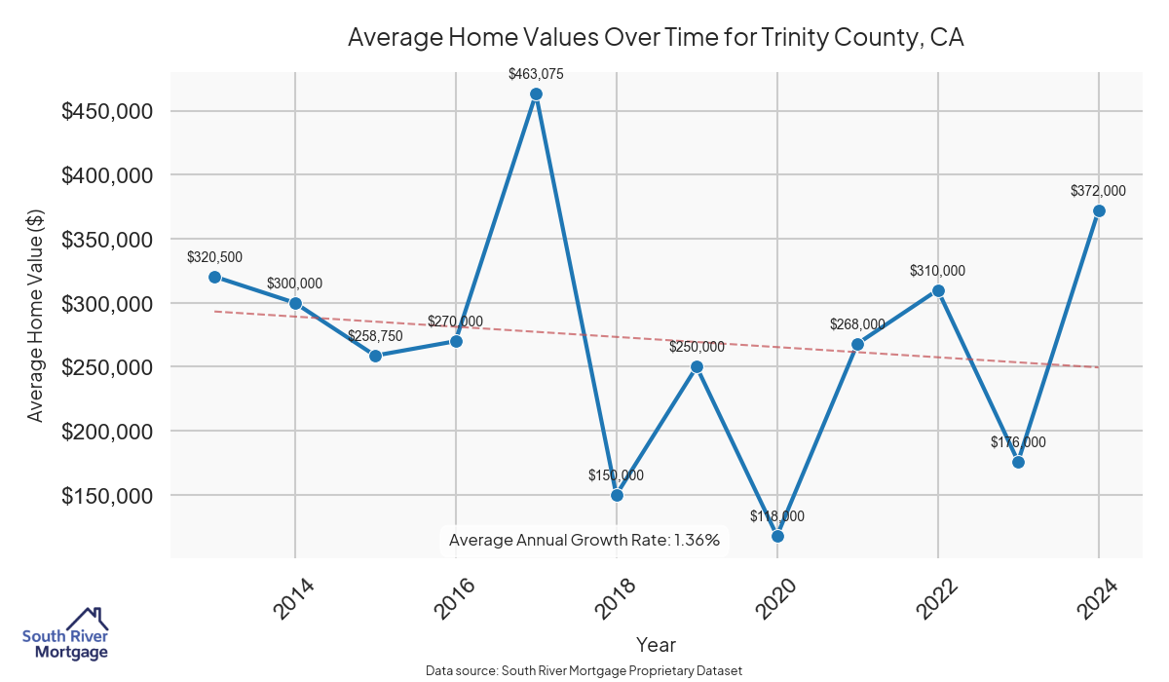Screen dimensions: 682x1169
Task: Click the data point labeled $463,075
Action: (536, 94)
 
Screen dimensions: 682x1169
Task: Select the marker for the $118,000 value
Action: (777, 536)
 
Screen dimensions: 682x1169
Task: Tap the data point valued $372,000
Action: (1099, 210)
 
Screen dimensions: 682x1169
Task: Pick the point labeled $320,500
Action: (214, 277)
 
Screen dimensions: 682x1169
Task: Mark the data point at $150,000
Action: (617, 495)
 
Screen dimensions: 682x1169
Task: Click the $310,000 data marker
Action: (938, 290)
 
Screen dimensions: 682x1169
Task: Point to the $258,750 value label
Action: (375, 336)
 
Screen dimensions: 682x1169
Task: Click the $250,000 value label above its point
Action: (697, 347)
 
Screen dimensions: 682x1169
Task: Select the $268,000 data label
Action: (857, 324)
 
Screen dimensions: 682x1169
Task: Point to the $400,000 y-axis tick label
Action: (107, 175)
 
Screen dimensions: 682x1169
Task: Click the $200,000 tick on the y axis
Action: (107, 432)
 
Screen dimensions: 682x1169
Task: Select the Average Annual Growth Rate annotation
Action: (584, 540)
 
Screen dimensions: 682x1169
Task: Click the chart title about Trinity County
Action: (656, 38)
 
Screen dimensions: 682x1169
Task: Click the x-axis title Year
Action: (656, 644)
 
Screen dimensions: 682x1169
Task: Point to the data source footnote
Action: (584, 670)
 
